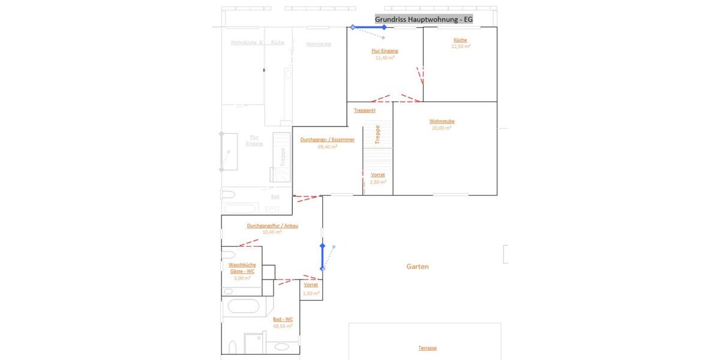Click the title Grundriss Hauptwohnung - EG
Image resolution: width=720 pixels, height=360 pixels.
pos(424,19)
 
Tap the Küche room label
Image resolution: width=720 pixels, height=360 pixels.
pos(460,40)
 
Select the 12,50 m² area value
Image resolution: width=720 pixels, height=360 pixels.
pos(460,46)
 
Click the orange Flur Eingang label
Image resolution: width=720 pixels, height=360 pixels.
pos(385,51)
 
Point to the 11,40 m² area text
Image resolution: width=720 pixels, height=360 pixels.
pos(385,58)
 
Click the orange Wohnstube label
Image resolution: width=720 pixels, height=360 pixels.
pos(442,121)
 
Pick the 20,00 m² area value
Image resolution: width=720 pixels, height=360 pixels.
pos(442,128)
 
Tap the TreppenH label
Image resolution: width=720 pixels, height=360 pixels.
pos(364,110)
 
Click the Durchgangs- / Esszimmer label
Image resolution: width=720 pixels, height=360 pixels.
pos(327,140)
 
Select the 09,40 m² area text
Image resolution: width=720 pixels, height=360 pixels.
pos(327,146)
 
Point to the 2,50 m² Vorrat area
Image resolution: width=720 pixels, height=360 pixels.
pos(378,181)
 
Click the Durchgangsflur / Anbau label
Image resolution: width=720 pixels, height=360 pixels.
pos(272,226)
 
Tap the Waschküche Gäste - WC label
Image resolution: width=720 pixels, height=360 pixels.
pos(242,268)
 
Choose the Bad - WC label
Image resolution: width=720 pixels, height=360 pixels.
pos(283,319)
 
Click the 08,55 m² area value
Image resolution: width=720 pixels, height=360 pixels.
pos(283,326)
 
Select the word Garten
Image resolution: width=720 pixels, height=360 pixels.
pos(418,266)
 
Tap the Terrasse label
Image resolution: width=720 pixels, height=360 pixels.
pos(427,348)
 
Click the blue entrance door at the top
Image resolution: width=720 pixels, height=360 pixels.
pos(368,27)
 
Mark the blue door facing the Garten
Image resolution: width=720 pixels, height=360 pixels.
pos(322,257)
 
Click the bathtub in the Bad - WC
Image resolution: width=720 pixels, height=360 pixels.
pos(242,306)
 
